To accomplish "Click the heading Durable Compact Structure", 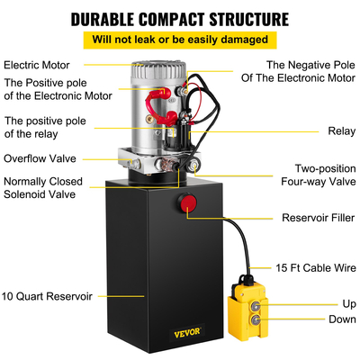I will click(x=180, y=18).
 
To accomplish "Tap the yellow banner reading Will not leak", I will click(x=180, y=40).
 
